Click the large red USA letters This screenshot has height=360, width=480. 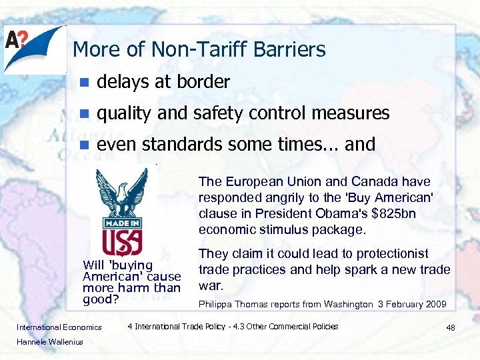pos(121,239)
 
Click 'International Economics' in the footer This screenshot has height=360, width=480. pos(59,327)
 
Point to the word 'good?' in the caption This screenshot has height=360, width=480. pos(100,299)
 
